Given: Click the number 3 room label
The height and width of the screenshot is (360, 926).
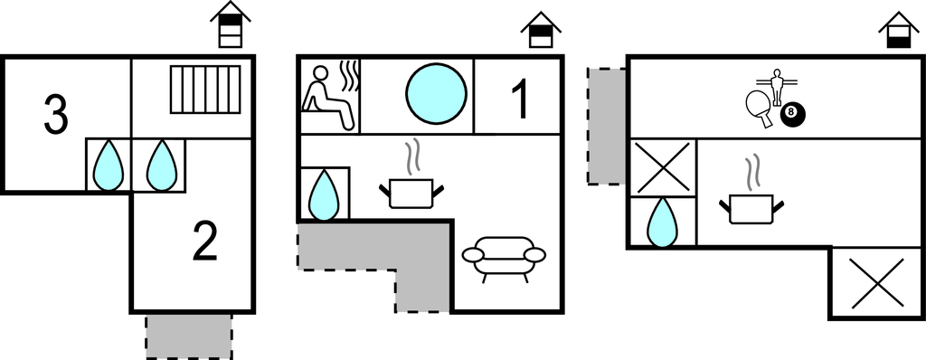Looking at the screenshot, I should pyautogui.click(x=56, y=115).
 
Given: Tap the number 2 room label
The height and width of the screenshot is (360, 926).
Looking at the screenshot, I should pyautogui.click(x=205, y=242).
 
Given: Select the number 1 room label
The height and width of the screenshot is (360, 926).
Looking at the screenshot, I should pyautogui.click(x=520, y=100).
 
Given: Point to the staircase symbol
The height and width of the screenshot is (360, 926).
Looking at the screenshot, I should pyautogui.click(x=205, y=89).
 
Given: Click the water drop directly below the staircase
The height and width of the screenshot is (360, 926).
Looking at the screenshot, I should pyautogui.click(x=162, y=166).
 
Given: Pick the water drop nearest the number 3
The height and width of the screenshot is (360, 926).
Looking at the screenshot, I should pyautogui.click(x=110, y=166).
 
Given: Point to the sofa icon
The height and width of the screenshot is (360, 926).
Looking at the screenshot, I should pyautogui.click(x=504, y=256).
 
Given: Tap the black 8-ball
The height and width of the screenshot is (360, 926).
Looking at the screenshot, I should pyautogui.click(x=793, y=114).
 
